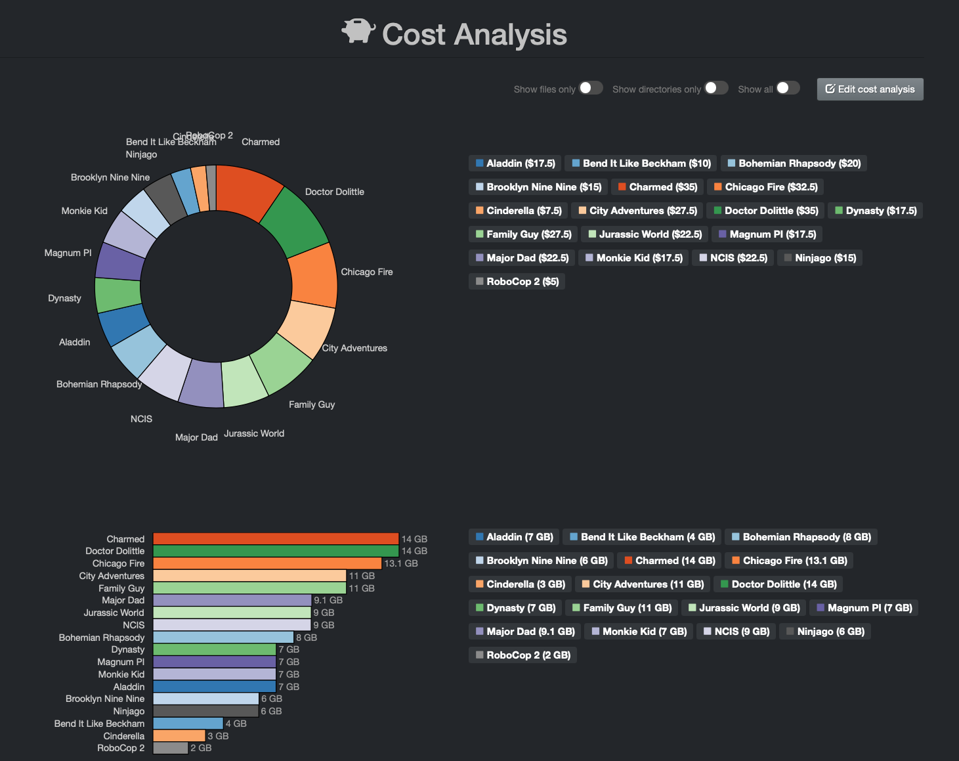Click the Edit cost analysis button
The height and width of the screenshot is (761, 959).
click(870, 89)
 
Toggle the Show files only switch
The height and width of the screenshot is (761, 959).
click(590, 88)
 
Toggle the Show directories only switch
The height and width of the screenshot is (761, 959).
click(715, 88)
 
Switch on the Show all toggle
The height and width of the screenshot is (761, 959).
click(788, 88)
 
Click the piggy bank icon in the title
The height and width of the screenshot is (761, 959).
click(358, 31)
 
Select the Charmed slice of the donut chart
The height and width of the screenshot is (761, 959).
click(247, 190)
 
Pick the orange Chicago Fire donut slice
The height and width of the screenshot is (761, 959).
click(313, 276)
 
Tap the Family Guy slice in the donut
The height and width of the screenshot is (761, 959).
click(282, 364)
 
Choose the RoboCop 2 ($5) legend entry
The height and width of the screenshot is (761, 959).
click(517, 282)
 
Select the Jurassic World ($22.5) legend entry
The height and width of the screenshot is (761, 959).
click(645, 234)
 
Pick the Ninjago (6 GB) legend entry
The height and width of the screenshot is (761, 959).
click(824, 632)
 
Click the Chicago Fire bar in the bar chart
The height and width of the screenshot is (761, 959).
click(267, 563)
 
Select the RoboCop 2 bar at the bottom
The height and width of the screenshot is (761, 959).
click(171, 748)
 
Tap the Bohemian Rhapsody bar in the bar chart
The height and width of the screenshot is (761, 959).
click(223, 638)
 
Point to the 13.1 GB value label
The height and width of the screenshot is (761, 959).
click(401, 563)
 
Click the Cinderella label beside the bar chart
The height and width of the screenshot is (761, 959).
click(123, 736)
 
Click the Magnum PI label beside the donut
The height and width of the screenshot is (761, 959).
click(68, 253)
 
